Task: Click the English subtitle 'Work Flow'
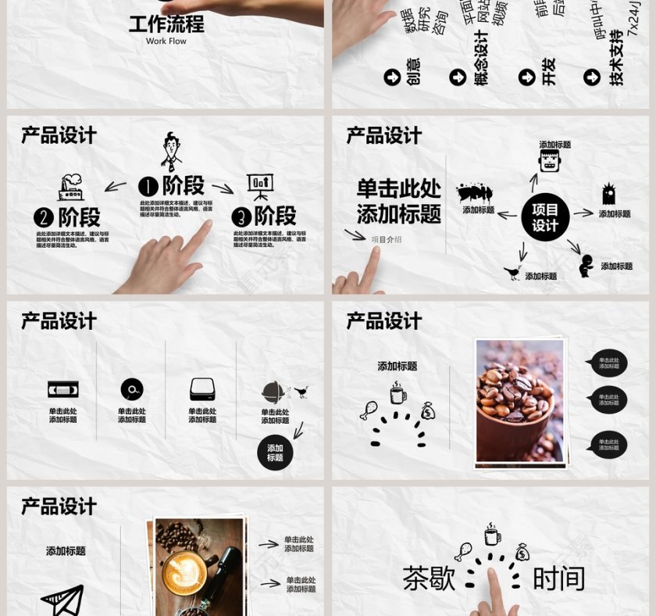[166, 41]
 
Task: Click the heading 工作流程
[166, 23]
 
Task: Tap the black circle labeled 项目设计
[545, 217]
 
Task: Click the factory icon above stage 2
[71, 188]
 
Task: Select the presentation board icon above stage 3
[260, 187]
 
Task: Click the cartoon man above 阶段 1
[172, 152]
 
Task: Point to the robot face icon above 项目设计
[551, 162]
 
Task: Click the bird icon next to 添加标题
[512, 272]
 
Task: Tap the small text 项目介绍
[387, 239]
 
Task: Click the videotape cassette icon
[63, 389]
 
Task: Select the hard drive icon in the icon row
[202, 389]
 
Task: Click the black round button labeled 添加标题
[275, 453]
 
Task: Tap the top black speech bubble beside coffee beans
[608, 364]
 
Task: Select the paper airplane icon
[63, 600]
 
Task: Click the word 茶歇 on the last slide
[429, 578]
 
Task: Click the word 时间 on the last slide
[559, 578]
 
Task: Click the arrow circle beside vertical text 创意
[392, 77]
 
